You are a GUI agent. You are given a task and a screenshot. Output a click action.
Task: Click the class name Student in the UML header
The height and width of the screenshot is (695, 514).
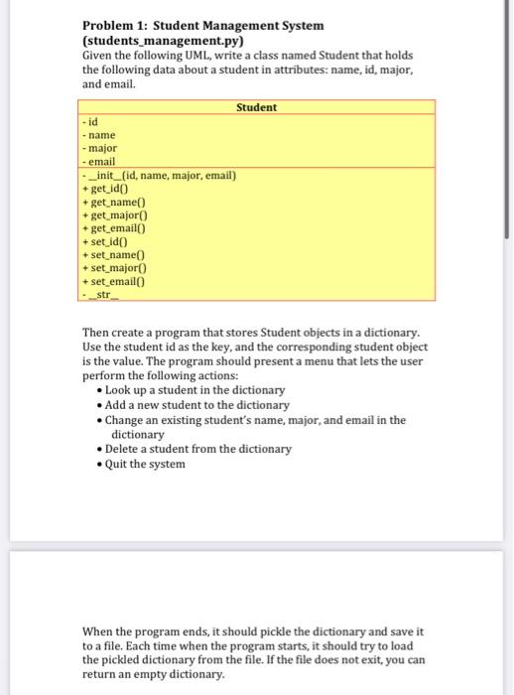pos(257,107)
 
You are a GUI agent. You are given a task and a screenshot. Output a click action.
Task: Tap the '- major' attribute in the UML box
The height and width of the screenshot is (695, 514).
pos(101,148)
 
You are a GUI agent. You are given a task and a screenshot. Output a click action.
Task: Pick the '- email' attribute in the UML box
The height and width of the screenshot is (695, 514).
pos(101,161)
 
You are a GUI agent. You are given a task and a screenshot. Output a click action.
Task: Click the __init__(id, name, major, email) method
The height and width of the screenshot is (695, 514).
pos(161,175)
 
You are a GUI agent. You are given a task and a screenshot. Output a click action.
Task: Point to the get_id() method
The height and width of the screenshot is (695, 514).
pos(110,188)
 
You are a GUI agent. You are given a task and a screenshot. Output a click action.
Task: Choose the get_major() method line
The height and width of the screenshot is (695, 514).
pos(119,213)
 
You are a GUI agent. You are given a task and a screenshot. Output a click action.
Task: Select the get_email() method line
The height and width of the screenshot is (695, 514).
pos(119,227)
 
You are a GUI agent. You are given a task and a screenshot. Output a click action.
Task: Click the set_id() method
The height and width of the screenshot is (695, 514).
pos(109,240)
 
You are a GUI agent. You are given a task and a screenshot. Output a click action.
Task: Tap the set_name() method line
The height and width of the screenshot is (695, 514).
pos(117,253)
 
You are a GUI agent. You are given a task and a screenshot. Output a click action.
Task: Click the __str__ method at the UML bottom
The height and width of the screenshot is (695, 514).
pos(102,293)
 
